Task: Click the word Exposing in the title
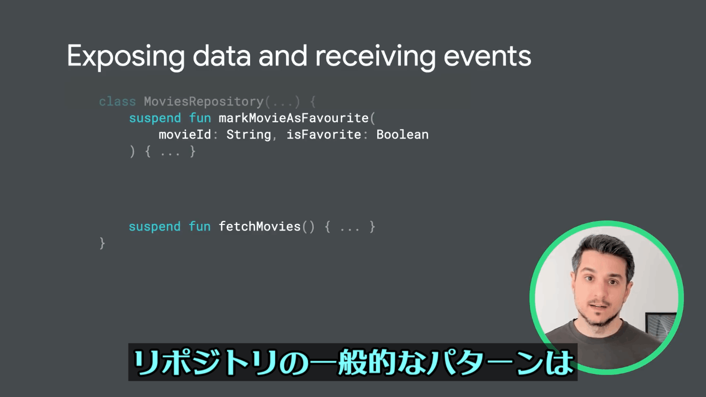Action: coord(126,57)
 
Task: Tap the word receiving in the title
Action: coord(375,57)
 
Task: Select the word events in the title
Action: coord(487,57)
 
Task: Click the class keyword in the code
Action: coord(117,101)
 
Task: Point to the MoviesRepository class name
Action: coord(204,101)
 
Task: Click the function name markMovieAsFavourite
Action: coord(293,118)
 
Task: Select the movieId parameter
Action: coord(185,135)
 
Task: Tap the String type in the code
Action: coord(249,135)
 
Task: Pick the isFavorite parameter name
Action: coord(323,135)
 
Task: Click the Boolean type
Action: coord(402,135)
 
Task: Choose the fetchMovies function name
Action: coord(259,226)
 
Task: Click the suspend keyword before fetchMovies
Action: coord(154,227)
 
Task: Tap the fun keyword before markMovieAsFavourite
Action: coord(200,118)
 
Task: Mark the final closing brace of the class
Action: coord(102,244)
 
